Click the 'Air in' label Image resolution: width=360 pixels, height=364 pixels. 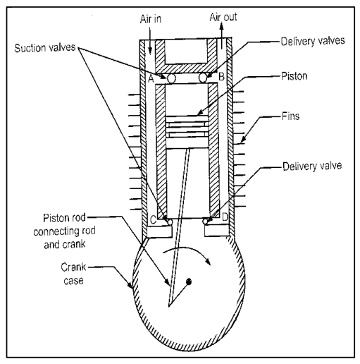coord(151,19)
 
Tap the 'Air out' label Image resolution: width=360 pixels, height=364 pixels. coord(223,17)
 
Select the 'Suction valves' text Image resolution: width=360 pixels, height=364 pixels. coord(45,48)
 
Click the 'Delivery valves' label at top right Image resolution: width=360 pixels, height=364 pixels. coord(313,41)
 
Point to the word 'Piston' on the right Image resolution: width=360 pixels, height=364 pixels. coord(294,76)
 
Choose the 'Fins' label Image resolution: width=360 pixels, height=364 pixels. coord(291,116)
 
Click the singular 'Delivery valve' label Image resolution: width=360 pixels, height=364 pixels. coord(312,166)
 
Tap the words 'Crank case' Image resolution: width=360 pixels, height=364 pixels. coord(73,274)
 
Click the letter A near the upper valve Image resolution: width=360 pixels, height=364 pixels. coord(151,78)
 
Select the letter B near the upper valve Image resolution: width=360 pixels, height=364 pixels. coord(221,77)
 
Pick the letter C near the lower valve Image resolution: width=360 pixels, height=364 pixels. coord(153,220)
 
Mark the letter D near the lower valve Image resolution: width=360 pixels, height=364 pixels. coord(225,217)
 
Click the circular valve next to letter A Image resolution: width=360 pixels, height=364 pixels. coord(172,78)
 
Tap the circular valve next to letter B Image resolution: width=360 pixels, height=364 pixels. coord(204,78)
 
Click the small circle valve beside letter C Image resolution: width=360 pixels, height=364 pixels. coord(170,222)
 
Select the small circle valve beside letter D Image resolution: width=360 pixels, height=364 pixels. coord(206,222)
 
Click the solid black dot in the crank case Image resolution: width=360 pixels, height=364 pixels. coord(189,281)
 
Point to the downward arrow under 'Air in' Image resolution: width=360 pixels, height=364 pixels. coord(150,41)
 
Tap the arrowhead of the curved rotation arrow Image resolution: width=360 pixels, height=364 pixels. coord(208,261)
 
